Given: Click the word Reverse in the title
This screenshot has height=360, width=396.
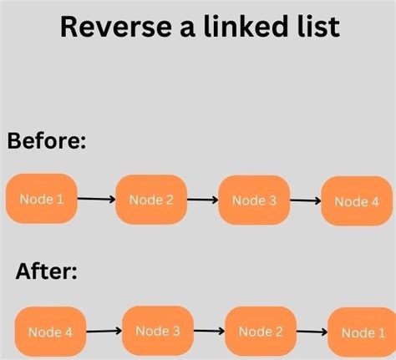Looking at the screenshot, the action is point(115,27).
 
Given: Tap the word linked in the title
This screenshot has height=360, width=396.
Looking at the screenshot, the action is point(245,26).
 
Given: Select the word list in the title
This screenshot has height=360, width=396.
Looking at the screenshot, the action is point(318,26).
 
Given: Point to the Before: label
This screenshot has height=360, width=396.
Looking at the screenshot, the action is point(47,140).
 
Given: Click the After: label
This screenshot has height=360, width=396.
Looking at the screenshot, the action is point(46,271).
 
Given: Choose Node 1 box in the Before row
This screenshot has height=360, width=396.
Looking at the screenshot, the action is point(42,199).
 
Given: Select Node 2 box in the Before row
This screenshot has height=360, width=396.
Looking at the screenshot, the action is point(151,200).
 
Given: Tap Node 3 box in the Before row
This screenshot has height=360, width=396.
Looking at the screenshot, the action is point(254,200).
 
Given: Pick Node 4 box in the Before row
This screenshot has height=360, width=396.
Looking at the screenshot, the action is point(357,201).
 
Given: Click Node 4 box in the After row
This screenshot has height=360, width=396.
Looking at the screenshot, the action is point(50,332).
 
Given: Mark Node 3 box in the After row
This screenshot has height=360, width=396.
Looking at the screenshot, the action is point(158,331).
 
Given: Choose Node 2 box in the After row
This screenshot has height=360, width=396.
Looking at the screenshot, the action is point(261,332).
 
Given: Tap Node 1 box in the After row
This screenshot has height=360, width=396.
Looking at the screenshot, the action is point(363,332).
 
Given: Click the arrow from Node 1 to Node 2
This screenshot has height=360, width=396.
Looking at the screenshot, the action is point(96,199).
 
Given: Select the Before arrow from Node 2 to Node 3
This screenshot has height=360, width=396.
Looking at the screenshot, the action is point(202,200).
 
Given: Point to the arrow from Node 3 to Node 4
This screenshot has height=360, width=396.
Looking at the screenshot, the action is point(306,200).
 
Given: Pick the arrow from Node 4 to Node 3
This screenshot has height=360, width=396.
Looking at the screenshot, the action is point(104,331).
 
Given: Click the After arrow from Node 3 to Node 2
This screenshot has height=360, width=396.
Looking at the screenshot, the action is point(209,331).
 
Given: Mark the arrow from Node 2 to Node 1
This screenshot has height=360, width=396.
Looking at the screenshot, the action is point(312,332).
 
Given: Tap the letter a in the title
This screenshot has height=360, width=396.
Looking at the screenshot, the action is point(187,29).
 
